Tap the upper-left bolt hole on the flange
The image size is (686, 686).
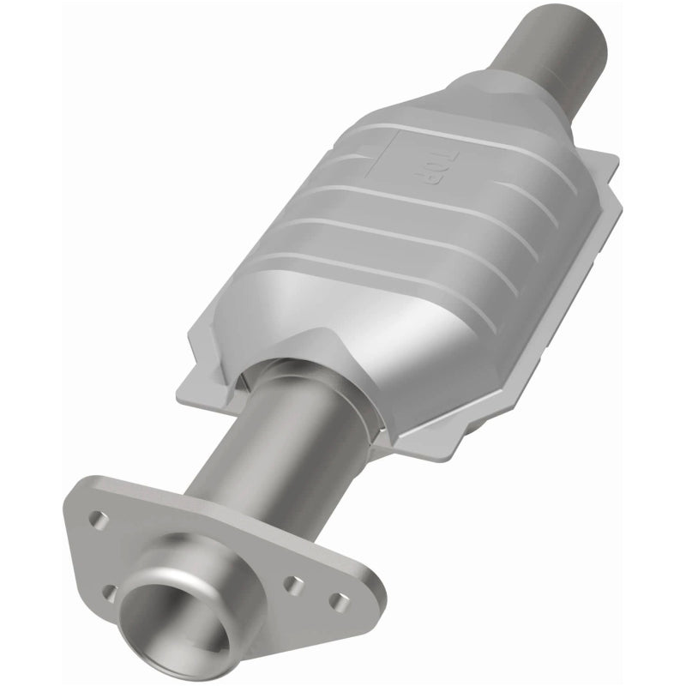pos(99,518)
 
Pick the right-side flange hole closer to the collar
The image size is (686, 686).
pos(294,583)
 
